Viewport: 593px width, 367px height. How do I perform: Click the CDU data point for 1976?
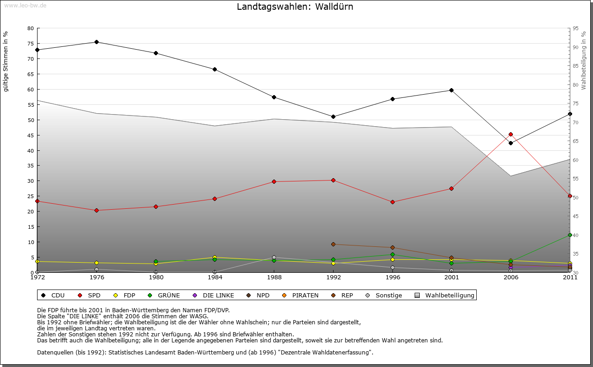pos(96,42)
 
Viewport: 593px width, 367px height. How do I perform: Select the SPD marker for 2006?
pos(511,135)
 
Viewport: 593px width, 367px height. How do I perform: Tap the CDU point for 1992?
pos(333,117)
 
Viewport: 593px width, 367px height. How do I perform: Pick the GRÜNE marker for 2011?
pos(570,235)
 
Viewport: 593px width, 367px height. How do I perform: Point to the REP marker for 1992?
pos(333,245)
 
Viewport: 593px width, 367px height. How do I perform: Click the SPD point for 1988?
pos(274,182)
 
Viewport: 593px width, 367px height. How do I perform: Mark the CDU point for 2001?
pos(451,90)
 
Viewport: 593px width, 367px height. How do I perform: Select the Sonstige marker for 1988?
pos(274,258)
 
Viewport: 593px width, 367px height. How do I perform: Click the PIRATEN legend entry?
pos(301,296)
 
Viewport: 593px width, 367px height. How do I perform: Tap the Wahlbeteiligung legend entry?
pos(445,296)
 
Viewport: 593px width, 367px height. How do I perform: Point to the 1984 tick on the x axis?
pos(215,277)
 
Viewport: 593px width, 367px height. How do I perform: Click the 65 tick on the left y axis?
pos(31,74)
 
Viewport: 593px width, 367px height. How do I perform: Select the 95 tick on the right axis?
pos(575,28)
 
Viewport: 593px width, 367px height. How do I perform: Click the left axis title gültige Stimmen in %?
pos(6,62)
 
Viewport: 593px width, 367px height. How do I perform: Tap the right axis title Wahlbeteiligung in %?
pos(583,60)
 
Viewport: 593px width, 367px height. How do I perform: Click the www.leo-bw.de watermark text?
pos(25,5)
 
